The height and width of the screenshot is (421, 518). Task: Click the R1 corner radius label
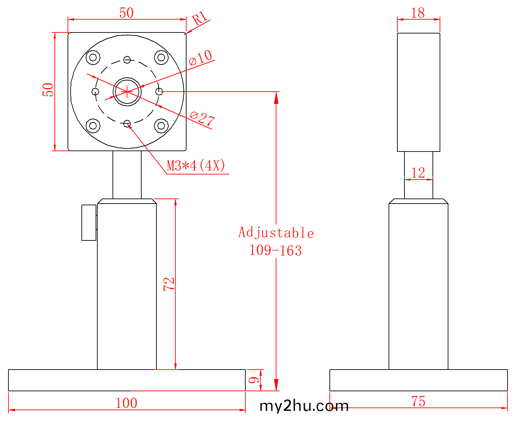pyautogui.click(x=199, y=18)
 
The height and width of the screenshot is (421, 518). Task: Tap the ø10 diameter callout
pyautogui.click(x=200, y=57)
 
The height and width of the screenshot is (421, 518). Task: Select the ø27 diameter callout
pyautogui.click(x=202, y=119)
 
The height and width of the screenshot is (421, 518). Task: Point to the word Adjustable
pyautogui.click(x=276, y=233)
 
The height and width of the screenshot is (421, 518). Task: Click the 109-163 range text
pyautogui.click(x=275, y=250)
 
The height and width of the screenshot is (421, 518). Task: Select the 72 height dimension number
pyautogui.click(x=169, y=284)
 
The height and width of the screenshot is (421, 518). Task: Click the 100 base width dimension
pyautogui.click(x=126, y=403)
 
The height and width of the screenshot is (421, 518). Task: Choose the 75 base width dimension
pyautogui.click(x=418, y=401)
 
